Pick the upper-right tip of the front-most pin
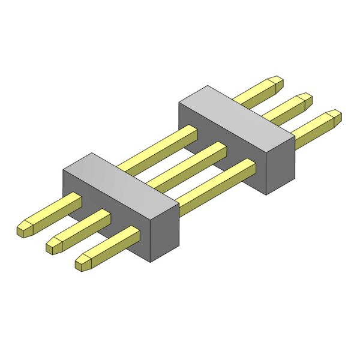point(337,115)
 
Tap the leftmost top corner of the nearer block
point(64,170)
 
